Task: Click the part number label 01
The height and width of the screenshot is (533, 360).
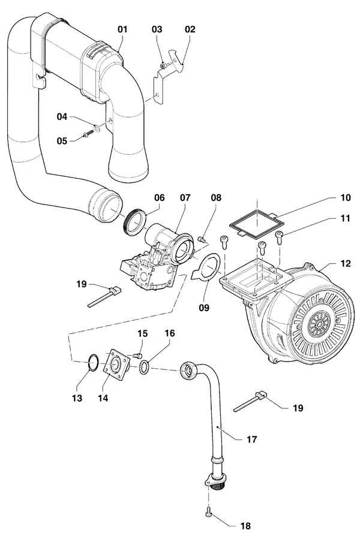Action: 122,29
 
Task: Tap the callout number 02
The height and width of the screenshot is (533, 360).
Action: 190,29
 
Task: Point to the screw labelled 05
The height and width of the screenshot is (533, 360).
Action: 88,135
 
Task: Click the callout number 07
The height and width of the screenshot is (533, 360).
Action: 185,197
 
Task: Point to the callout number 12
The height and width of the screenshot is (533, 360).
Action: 346,263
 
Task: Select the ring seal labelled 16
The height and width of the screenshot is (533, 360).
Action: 144,368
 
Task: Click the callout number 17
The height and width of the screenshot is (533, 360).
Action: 251,439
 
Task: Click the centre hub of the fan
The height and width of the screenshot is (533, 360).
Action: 319,324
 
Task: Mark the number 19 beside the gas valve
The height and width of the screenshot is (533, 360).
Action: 82,284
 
